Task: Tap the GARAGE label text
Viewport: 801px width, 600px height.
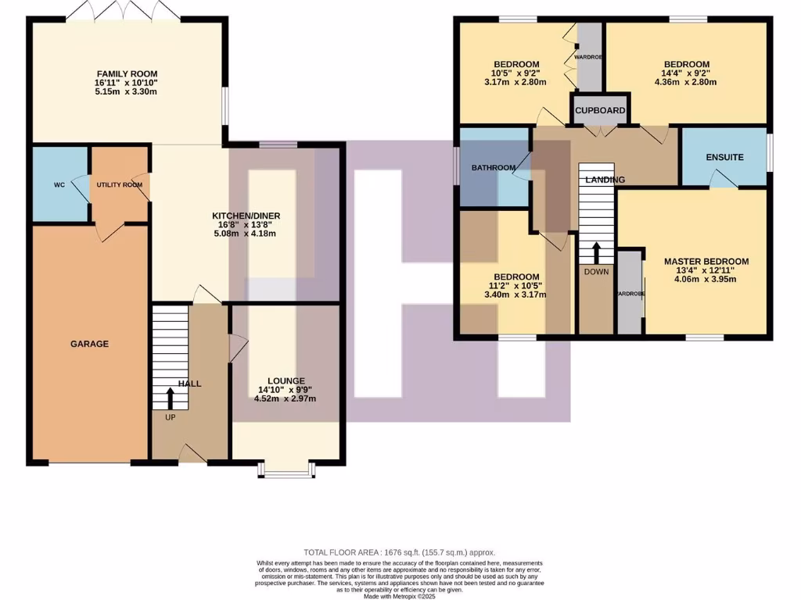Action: pyautogui.click(x=89, y=344)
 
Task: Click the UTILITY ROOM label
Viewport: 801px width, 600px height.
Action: pyautogui.click(x=119, y=185)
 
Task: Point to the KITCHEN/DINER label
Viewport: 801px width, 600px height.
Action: pyautogui.click(x=246, y=216)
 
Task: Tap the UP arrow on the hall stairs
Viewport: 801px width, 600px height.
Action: pyautogui.click(x=171, y=397)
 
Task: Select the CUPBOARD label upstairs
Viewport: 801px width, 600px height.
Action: pyautogui.click(x=600, y=111)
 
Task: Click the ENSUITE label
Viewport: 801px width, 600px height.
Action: pyautogui.click(x=724, y=158)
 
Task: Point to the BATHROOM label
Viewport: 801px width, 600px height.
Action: pyautogui.click(x=493, y=168)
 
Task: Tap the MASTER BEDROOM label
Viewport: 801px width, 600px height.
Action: pyautogui.click(x=706, y=262)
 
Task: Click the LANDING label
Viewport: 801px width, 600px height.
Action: pyautogui.click(x=605, y=180)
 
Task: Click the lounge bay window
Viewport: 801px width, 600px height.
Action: pyautogui.click(x=287, y=469)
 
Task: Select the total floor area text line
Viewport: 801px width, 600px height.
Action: pyautogui.click(x=400, y=552)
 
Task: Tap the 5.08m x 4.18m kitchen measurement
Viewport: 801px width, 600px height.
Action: pyautogui.click(x=246, y=234)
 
